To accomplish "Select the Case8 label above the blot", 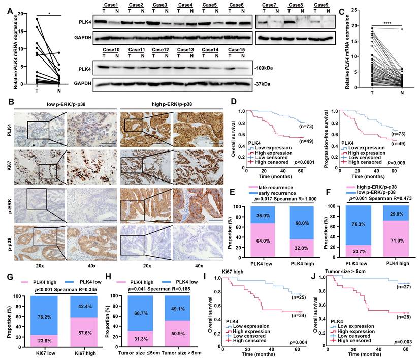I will tap(296, 5).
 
